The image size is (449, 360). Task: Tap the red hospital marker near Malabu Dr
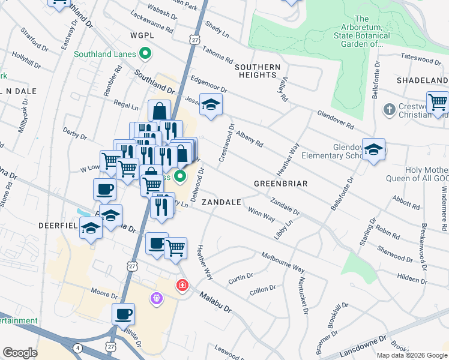[181, 285]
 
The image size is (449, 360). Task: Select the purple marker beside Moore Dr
[157, 298]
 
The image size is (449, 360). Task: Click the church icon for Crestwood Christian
[390, 110]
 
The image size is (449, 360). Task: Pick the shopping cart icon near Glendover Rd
[438, 103]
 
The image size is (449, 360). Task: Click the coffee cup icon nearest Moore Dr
[123, 314]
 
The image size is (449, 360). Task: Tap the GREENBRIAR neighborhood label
[280, 184]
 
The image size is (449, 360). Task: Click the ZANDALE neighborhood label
[221, 203]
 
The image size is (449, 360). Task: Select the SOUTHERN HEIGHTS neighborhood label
[258, 71]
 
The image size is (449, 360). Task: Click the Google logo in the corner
[20, 353]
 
